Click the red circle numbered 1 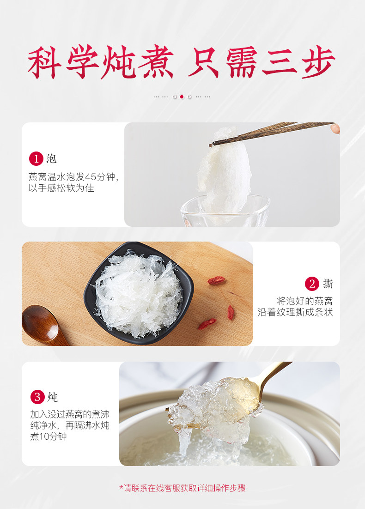(36, 159)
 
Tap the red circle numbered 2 (312, 284)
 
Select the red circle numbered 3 (37, 397)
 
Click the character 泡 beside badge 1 (51, 159)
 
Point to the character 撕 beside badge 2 (328, 284)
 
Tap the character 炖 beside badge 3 (52, 397)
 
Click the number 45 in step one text (91, 177)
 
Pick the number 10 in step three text (44, 436)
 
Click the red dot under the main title (182, 97)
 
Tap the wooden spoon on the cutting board (42, 325)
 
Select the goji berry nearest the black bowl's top (216, 280)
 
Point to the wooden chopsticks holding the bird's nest (273, 133)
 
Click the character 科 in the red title (44, 62)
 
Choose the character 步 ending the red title (318, 62)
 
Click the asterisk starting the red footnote (122, 487)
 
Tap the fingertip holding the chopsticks (336, 128)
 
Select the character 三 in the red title (280, 62)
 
